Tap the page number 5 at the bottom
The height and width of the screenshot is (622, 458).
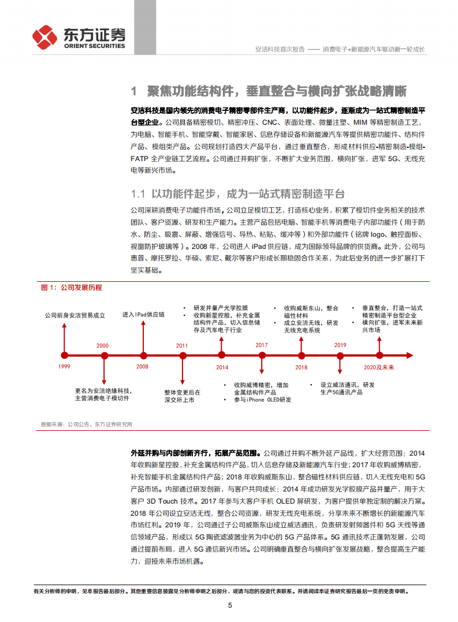point(230,605)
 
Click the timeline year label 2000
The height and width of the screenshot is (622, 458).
point(102,345)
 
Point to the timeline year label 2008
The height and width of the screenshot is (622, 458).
point(142,366)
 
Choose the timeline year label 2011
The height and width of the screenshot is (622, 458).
point(182,345)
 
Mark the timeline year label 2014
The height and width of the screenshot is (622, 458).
point(222,367)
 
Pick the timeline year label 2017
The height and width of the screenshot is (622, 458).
point(262,345)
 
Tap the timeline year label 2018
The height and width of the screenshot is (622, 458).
point(301,367)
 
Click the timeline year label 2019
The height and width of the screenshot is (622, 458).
point(340,345)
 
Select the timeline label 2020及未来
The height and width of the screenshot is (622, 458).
point(379,367)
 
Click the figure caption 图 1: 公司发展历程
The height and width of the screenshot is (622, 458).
point(71,287)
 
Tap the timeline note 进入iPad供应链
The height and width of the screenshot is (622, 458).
point(143,314)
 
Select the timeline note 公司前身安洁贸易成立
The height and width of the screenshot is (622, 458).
point(75,315)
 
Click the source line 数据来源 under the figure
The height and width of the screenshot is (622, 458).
point(87,424)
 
